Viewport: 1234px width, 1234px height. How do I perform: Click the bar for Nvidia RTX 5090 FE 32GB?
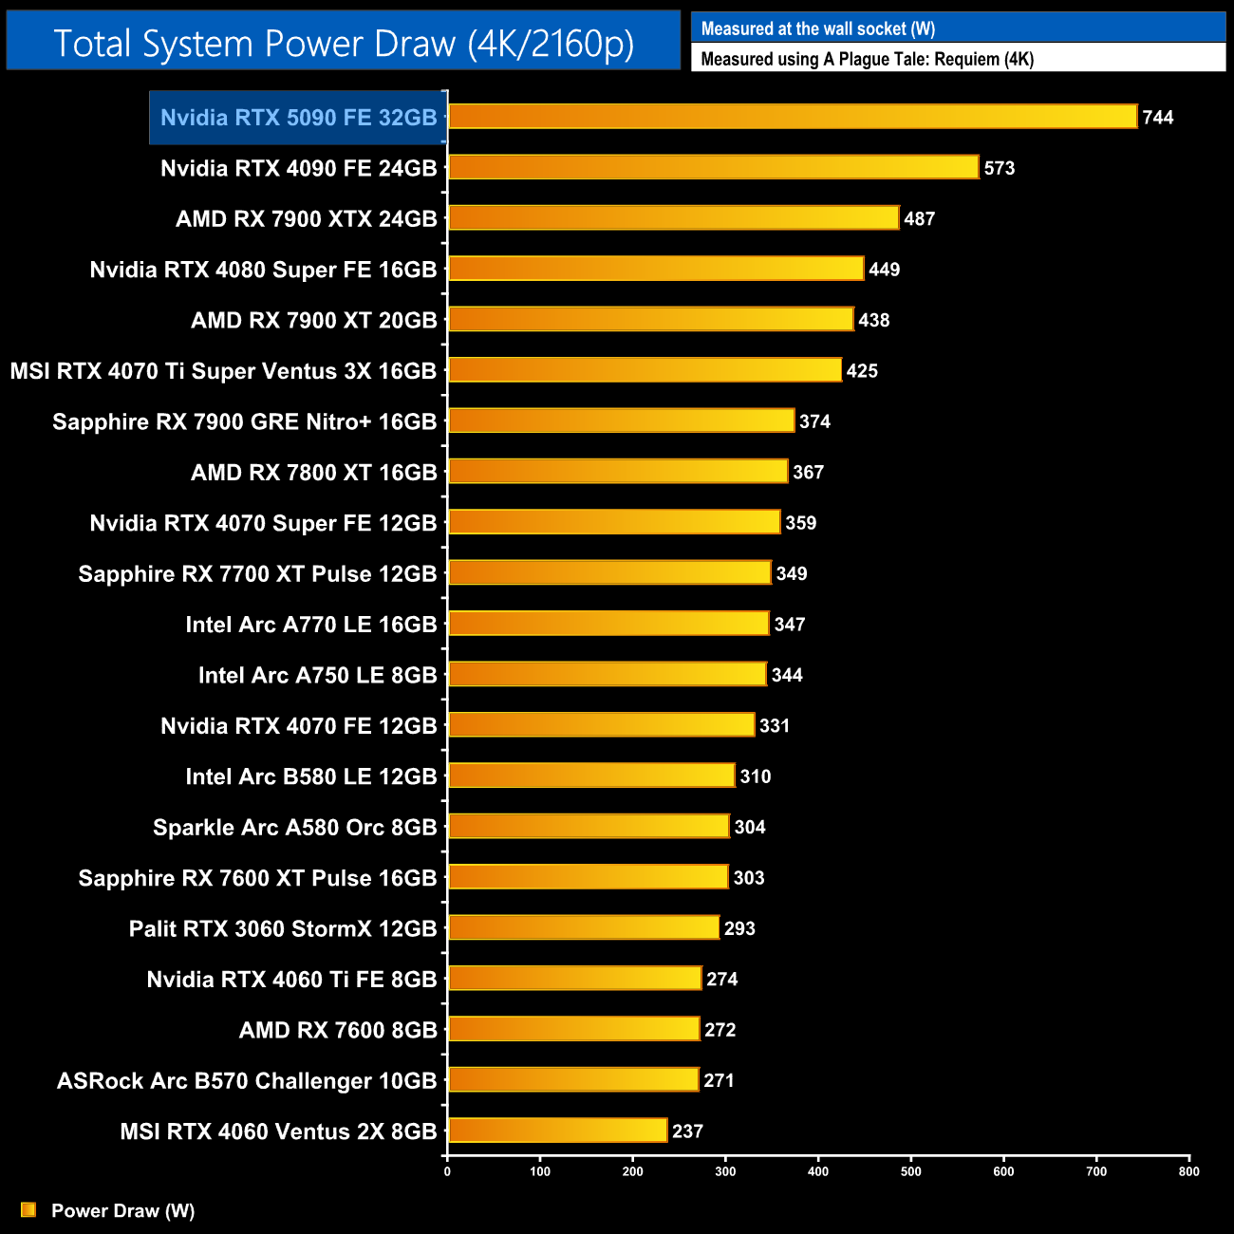pyautogui.click(x=792, y=117)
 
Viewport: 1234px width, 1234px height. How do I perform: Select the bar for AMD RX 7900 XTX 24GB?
pyautogui.click(x=673, y=218)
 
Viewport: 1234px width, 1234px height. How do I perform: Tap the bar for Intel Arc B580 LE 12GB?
pyautogui.click(x=591, y=776)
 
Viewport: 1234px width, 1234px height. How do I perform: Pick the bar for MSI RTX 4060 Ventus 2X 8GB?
pyautogui.click(x=557, y=1131)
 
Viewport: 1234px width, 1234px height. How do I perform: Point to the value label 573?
pyautogui.click(x=1000, y=168)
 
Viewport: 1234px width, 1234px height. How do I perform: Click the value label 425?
pyautogui.click(x=862, y=371)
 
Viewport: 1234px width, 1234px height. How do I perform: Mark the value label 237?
pyautogui.click(x=687, y=1131)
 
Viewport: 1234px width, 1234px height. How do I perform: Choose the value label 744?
pyautogui.click(x=1158, y=118)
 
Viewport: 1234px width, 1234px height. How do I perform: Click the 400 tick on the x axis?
pyautogui.click(x=818, y=1171)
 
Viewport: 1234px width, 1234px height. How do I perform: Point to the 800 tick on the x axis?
pyautogui.click(x=1188, y=1171)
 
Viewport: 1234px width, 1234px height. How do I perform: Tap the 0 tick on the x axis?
pyautogui.click(x=447, y=1171)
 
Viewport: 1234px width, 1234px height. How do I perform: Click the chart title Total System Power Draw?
pyautogui.click(x=344, y=44)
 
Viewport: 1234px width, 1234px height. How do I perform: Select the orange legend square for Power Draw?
pyautogui.click(x=28, y=1210)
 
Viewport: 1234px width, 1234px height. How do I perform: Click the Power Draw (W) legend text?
pyautogui.click(x=122, y=1211)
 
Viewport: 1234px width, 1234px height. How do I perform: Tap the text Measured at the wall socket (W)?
pyautogui.click(x=818, y=29)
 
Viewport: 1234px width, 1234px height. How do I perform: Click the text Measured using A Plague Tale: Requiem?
pyautogui.click(x=867, y=59)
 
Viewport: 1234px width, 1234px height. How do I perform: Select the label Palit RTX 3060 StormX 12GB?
pyautogui.click(x=283, y=928)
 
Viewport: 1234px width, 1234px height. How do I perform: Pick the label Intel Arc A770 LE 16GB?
pyautogui.click(x=311, y=625)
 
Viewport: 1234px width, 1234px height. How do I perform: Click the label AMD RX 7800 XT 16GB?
pyautogui.click(x=314, y=473)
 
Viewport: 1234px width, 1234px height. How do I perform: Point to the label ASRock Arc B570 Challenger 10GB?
pyautogui.click(x=247, y=1081)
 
